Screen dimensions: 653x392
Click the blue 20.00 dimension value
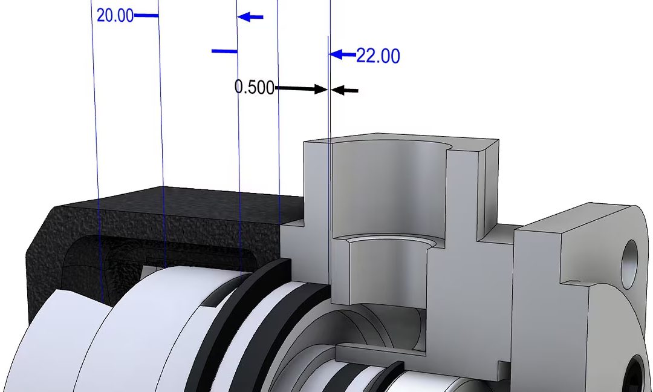pos(115,16)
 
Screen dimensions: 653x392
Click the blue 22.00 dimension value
pos(378,56)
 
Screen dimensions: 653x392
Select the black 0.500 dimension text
pos(255,87)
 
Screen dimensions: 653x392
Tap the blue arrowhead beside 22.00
pos(337,54)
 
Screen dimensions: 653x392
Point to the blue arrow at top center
pos(250,17)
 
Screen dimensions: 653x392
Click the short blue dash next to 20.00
pos(146,16)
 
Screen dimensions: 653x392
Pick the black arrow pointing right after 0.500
pos(301,88)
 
